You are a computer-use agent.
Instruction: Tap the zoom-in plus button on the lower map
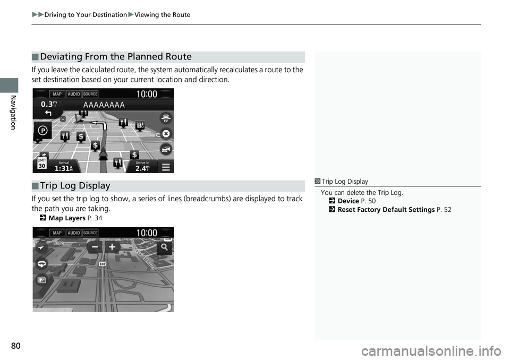113,248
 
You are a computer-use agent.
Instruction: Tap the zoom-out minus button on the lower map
96,248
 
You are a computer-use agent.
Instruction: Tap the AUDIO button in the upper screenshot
74,94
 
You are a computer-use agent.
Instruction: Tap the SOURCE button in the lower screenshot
90,233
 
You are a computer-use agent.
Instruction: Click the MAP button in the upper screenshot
57,94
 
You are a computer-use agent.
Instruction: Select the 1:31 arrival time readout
68,168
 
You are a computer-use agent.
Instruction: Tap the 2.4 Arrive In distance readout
142,168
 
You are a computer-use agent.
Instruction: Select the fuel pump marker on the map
140,126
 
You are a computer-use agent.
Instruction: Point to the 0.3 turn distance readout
50,105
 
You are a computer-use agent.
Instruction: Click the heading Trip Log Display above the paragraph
75,186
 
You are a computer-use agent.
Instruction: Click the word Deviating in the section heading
61,57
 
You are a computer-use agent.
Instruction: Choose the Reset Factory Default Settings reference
386,210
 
